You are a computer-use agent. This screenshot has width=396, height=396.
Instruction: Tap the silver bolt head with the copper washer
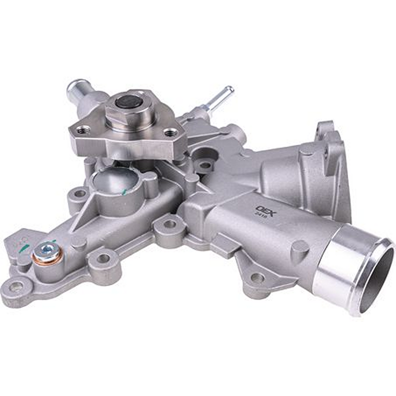[x=47, y=252]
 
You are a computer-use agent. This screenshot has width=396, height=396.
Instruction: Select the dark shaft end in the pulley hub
[x=129, y=101]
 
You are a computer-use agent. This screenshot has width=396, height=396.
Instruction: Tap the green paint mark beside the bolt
[x=23, y=249]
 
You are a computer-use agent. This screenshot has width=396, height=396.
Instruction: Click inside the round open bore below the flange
[x=114, y=179]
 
